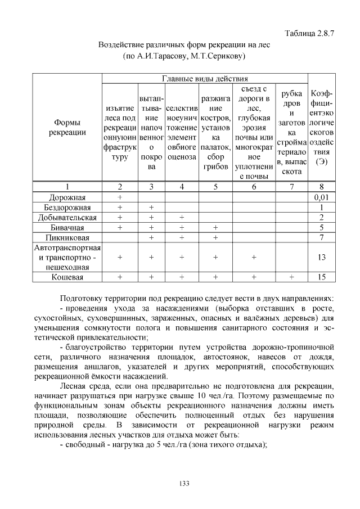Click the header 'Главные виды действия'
coord(205,78)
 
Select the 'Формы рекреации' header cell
coord(67,127)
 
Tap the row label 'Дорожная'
coord(67,197)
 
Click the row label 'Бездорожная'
coord(67,208)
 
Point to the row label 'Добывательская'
coord(67,218)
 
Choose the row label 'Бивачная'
coord(67,228)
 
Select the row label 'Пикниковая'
coord(67,238)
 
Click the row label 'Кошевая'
coord(67,277)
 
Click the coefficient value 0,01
coord(321,197)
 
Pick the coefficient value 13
coord(321,257)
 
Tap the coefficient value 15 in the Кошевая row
coord(321,277)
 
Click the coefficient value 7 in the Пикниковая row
coord(321,238)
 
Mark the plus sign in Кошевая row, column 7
coord(291,277)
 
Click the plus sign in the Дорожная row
coord(119,197)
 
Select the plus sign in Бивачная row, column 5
coord(215,228)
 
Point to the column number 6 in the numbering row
coord(254,187)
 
